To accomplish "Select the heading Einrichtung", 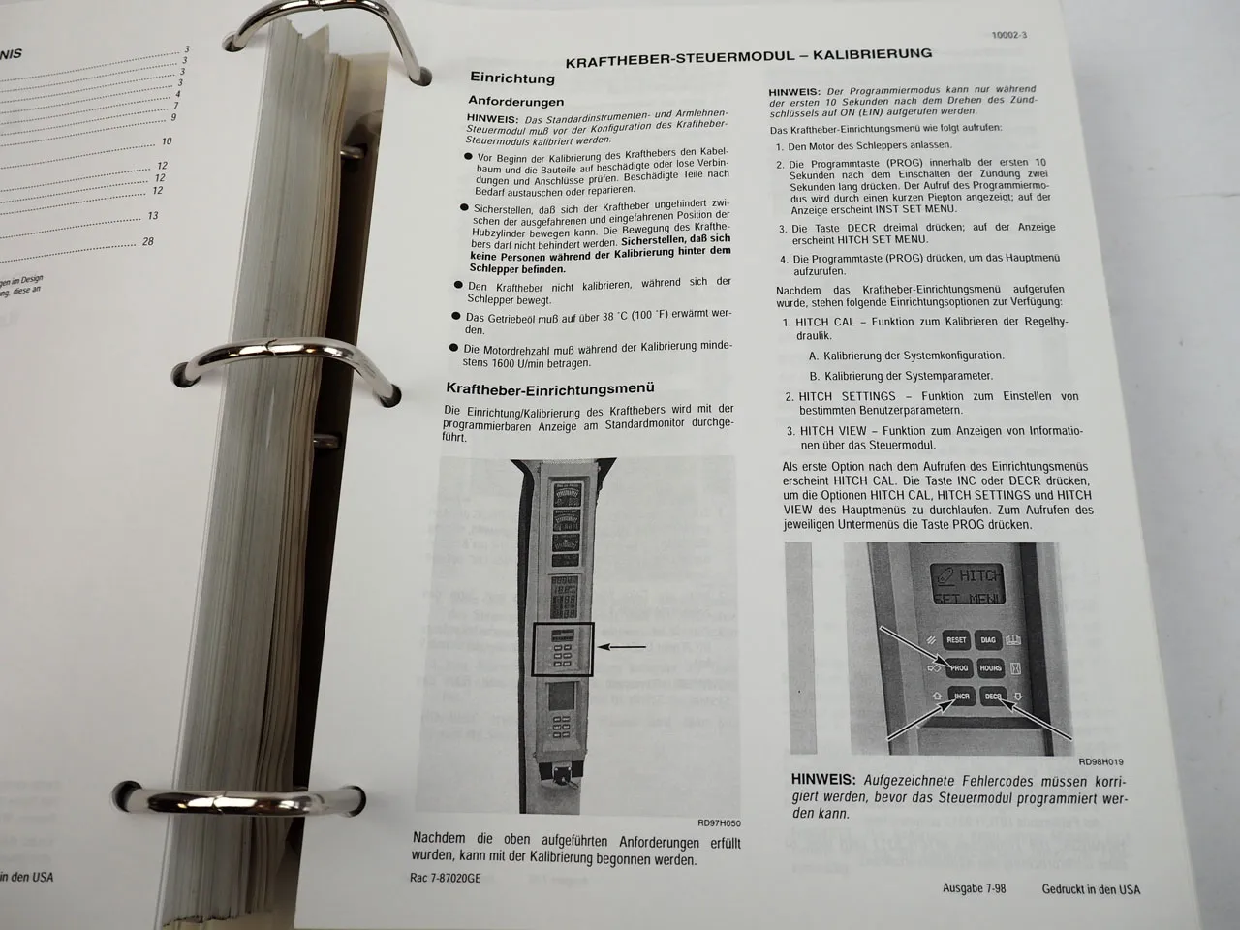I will pyautogui.click(x=511, y=77).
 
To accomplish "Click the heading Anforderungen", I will pyautogui.click(x=515, y=101).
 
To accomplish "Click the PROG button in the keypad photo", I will pyautogui.click(x=957, y=667).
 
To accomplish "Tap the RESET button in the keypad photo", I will pyautogui.click(x=956, y=639).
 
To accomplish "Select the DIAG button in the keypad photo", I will pyautogui.click(x=988, y=639).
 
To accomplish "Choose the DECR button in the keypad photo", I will pyautogui.click(x=993, y=697).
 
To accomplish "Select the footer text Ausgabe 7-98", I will pyautogui.click(x=974, y=888).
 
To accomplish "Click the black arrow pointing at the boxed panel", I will pyautogui.click(x=625, y=646).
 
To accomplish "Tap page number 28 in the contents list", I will pyautogui.click(x=147, y=241).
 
